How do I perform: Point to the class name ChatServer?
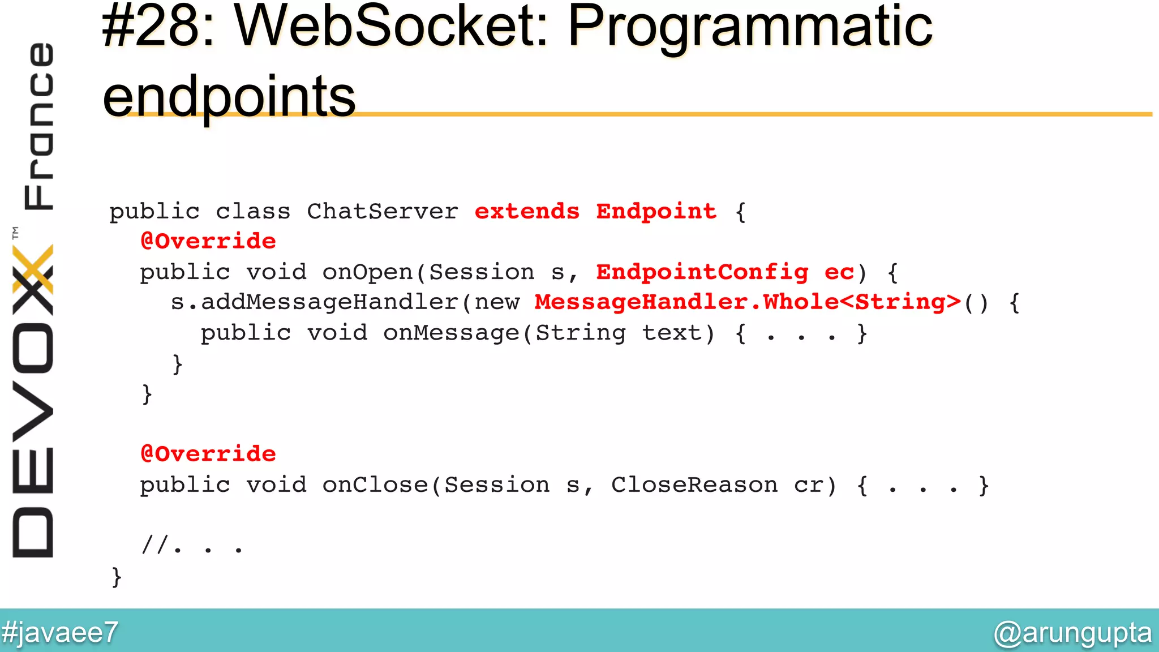[383, 212]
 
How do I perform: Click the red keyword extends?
[527, 212]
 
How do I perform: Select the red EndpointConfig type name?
[702, 272]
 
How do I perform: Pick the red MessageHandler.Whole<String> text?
[748, 302]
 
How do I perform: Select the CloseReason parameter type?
[694, 485]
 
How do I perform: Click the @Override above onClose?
[208, 454]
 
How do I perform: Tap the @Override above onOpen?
[208, 242]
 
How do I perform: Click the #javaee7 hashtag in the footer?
[60, 632]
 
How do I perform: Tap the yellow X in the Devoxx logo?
[33, 269]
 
